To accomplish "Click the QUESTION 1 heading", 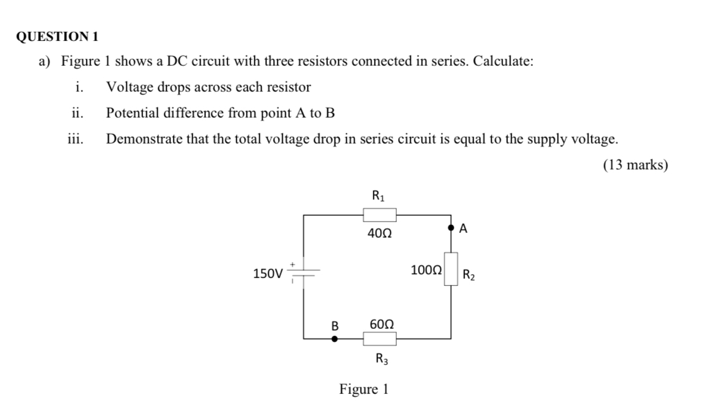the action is pos(57,36).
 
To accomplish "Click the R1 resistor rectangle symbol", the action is pos(379,215).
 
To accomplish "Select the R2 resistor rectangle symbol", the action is pos(451,268).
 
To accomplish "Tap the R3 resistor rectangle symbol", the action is pos(379,339).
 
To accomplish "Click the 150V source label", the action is pos(267,274).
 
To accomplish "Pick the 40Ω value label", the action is pos(379,233).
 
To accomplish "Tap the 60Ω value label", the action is pos(382,325).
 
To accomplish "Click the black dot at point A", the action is pos(451,229).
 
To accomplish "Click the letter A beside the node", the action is pos(463,229).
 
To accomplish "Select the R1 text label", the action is pos(379,195).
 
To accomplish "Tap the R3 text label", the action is pos(382,359).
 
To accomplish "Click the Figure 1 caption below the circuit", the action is pos(364,389).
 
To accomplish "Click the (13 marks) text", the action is pos(635,165).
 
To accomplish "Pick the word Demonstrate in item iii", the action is pos(144,139).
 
